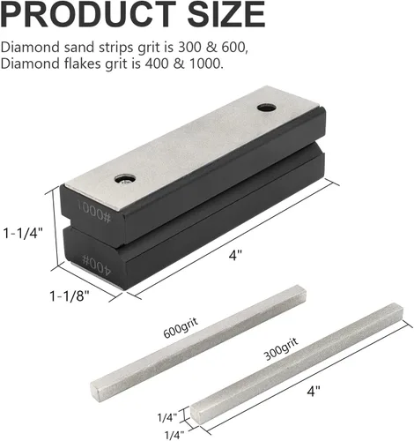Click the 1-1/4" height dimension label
pos(23,234)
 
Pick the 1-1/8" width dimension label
pos(69,295)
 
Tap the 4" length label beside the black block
pos(235,255)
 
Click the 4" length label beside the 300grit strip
pos(314,392)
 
